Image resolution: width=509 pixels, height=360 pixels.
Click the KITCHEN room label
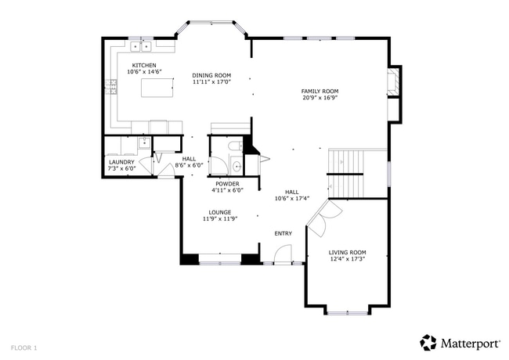[143, 65]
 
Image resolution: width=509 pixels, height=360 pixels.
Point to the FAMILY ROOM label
[319, 92]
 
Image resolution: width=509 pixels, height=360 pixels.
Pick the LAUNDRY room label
[121, 162]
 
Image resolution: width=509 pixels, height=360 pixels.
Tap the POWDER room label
[227, 184]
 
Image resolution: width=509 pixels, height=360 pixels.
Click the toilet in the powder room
[234, 146]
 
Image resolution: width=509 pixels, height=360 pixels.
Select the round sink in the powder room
[236, 165]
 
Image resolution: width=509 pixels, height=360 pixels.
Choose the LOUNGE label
[219, 212]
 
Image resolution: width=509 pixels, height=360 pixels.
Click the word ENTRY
[283, 233]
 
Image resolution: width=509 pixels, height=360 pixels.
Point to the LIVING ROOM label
[347, 252]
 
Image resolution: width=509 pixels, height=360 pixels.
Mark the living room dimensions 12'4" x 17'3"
[347, 259]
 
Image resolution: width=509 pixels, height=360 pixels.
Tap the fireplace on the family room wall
[395, 81]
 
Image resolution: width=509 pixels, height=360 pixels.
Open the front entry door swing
[283, 254]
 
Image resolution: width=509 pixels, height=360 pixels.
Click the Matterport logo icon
[428, 342]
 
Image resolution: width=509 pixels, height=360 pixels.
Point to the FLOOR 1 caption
[23, 347]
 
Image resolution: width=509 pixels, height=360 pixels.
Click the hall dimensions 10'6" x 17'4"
[292, 199]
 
